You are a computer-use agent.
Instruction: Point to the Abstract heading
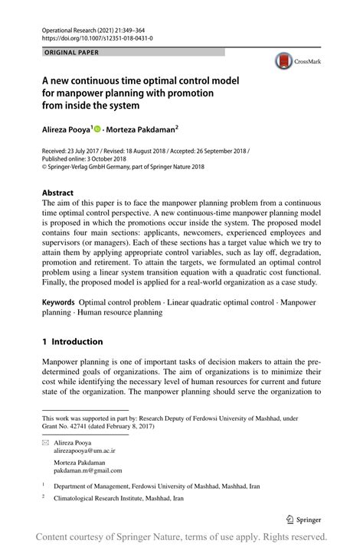point(57,193)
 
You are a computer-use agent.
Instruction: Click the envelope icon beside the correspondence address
point(45,442)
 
